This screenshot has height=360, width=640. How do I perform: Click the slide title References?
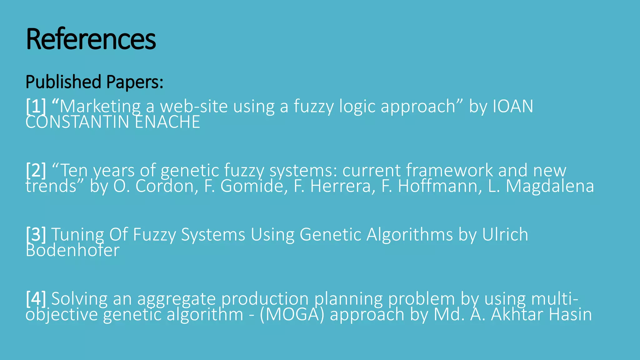[91, 39]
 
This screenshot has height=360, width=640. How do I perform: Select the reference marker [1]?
[36, 106]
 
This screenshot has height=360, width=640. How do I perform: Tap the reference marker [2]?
[36, 170]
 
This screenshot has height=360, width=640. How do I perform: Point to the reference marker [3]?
[36, 234]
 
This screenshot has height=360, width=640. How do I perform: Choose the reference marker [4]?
[36, 298]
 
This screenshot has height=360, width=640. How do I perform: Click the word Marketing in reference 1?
[100, 106]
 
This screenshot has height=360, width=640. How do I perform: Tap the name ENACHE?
[167, 122]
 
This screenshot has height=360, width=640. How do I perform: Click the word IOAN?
[513, 106]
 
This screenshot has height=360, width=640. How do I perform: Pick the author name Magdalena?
[550, 186]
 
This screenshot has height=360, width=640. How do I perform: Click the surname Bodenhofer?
[72, 250]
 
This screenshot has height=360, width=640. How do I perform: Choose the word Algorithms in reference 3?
[409, 234]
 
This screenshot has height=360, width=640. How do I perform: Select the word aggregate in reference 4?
[176, 299]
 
